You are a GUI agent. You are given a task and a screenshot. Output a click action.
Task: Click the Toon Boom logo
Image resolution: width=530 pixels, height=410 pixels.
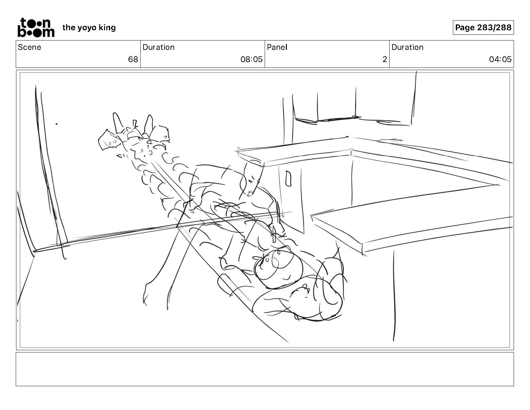(x=36, y=28)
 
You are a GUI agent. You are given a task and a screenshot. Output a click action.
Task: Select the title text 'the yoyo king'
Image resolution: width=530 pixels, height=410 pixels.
(x=89, y=28)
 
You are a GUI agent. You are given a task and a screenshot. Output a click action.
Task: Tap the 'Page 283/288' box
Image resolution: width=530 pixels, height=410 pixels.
(x=483, y=27)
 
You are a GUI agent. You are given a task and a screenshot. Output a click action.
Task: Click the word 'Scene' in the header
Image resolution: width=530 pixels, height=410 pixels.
(x=30, y=47)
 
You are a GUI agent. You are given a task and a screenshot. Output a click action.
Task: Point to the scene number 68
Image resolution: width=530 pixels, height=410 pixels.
(x=133, y=59)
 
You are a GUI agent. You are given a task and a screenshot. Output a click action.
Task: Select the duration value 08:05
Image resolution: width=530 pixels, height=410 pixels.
(x=252, y=59)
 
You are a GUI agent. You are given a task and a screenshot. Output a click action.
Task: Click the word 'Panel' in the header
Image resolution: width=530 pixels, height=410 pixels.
(x=277, y=47)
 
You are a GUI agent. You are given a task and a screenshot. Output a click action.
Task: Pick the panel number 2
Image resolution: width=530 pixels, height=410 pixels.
(x=384, y=59)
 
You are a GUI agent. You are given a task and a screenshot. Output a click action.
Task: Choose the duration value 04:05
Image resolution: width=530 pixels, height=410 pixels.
(x=500, y=59)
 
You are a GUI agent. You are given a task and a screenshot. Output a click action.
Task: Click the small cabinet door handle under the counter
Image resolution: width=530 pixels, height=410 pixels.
(x=288, y=178)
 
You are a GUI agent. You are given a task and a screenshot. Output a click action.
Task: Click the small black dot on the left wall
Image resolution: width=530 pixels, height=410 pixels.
(x=57, y=124)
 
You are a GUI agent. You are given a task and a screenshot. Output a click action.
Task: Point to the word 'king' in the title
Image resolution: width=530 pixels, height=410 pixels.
(x=107, y=28)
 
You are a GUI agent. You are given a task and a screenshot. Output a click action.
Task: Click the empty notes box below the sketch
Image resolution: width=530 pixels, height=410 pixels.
(x=265, y=369)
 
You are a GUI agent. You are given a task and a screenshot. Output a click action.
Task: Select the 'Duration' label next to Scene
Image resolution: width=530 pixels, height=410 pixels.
(x=159, y=47)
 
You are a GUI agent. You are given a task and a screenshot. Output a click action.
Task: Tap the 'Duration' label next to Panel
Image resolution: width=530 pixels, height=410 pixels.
(x=407, y=47)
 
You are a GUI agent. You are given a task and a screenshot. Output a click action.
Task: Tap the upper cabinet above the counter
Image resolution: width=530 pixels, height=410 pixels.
(x=351, y=107)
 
